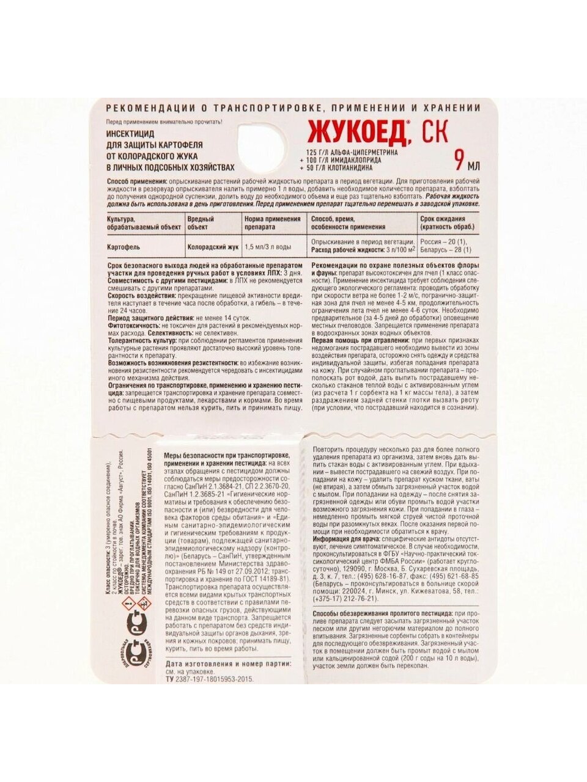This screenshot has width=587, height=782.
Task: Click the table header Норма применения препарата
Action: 272,222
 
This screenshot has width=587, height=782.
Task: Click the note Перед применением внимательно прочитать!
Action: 164,122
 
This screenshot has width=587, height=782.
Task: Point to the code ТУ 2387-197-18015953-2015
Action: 209,678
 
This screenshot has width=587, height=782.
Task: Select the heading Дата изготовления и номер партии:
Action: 227,663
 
